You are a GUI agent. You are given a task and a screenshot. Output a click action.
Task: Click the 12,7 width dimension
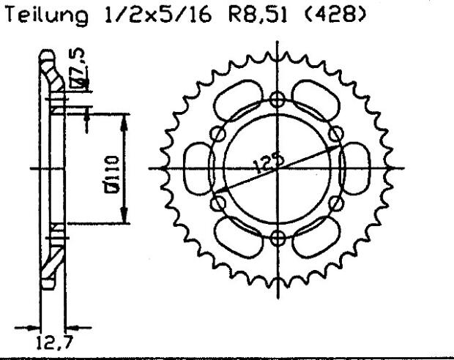point(49,340)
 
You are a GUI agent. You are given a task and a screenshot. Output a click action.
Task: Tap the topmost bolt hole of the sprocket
point(277,100)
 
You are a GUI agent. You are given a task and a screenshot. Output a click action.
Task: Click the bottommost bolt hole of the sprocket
point(277,236)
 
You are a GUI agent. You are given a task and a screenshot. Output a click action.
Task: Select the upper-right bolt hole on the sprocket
point(336,133)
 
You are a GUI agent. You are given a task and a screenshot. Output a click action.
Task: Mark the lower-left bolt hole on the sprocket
point(217,203)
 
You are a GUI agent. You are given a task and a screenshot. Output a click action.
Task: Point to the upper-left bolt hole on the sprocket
point(217,134)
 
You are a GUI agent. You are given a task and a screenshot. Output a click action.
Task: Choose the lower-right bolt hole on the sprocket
point(336,203)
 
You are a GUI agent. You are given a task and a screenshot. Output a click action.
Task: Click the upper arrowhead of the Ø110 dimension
point(122,119)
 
